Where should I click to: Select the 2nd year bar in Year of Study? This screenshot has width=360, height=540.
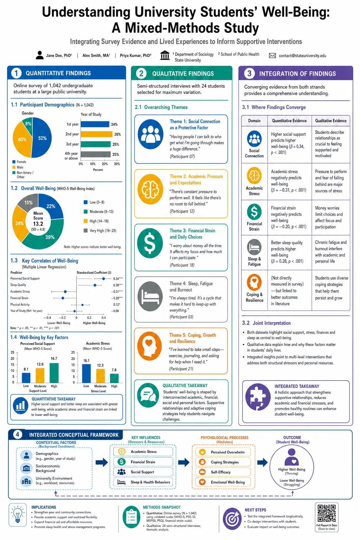[x=96, y=134]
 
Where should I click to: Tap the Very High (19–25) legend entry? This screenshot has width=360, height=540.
[x=100, y=231]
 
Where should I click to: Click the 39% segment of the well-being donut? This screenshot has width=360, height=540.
[x=46, y=235]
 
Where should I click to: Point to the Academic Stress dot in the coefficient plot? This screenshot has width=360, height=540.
[x=65, y=292]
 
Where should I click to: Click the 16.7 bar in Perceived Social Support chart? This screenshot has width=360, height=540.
[x=54, y=373]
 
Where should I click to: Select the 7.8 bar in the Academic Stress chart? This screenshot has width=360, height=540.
[x=114, y=378]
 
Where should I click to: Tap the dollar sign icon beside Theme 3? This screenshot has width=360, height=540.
[x=150, y=243]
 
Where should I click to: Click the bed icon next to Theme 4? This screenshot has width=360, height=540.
[x=150, y=296]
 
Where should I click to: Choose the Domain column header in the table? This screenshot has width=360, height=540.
[x=255, y=121]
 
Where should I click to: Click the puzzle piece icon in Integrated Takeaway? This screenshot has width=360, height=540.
[x=258, y=397]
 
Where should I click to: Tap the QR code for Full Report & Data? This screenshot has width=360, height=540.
[x=327, y=514]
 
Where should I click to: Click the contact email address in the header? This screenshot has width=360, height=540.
[x=302, y=56]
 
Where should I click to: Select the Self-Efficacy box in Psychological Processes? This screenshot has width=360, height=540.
[x=223, y=472]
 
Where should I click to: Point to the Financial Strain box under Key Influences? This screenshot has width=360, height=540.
[x=143, y=462]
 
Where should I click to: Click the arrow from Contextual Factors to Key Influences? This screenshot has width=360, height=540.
[x=102, y=462]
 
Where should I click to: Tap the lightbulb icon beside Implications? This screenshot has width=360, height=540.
[x=18, y=515]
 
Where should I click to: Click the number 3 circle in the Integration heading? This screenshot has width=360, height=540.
[x=249, y=73]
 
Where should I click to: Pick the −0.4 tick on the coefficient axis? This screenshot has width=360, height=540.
[x=47, y=318]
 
